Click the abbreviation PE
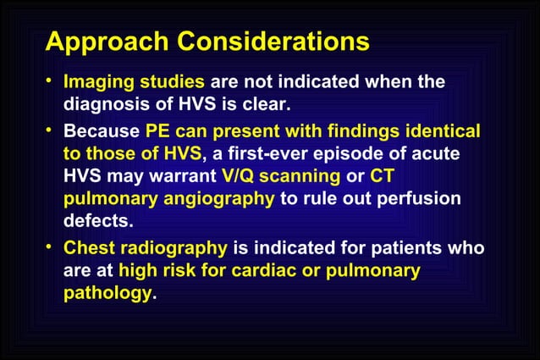tap(158, 132)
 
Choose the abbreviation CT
tap(383, 178)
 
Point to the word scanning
tap(301, 178)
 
